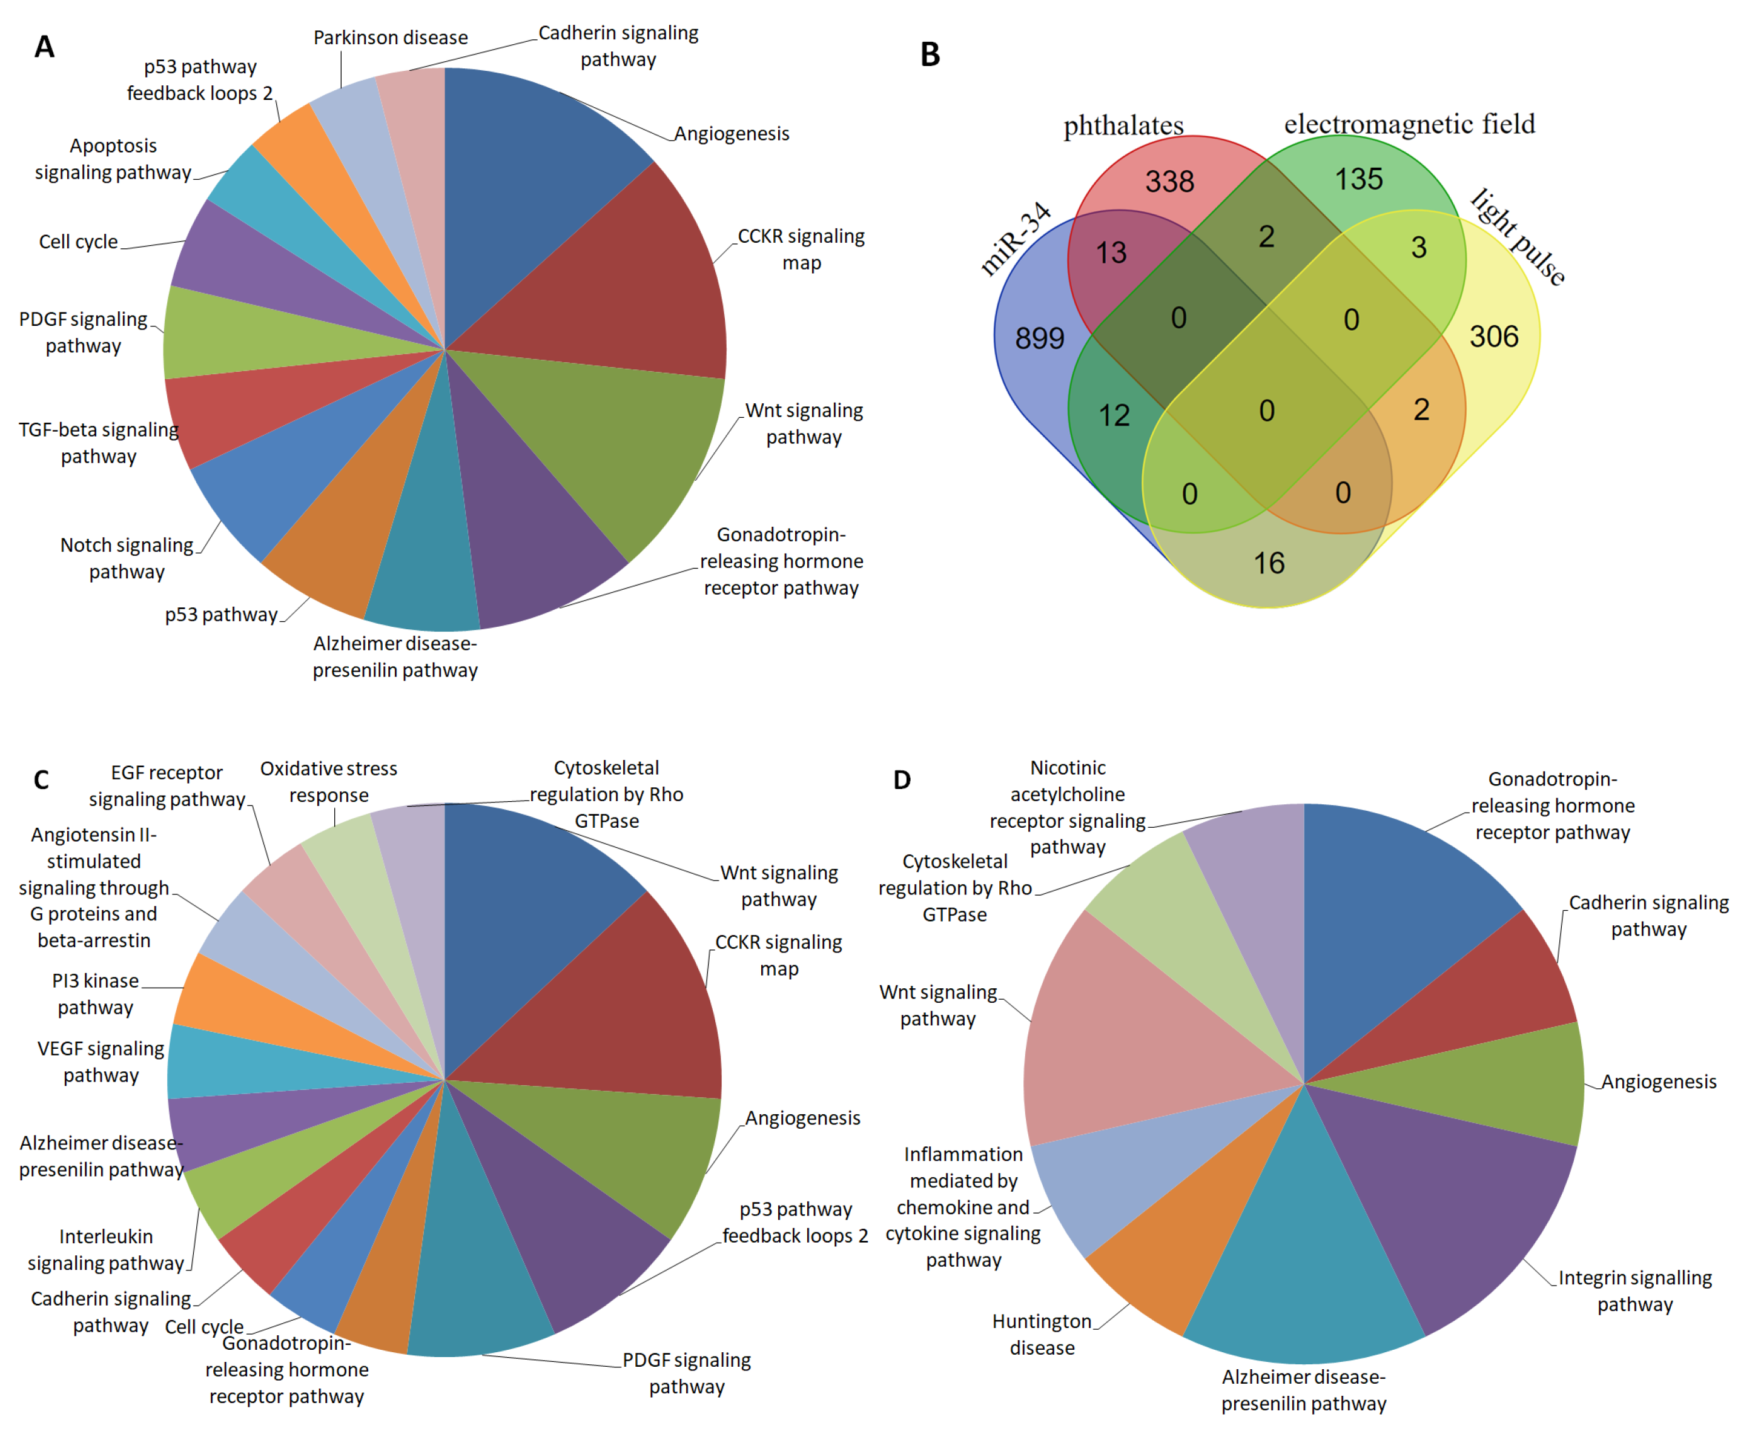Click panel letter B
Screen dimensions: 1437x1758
pos(930,55)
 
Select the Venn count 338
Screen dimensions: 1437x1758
pos(1169,181)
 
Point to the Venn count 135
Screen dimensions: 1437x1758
pos(1358,179)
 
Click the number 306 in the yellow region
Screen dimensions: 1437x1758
pos(1493,337)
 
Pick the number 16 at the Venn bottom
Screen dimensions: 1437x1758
pos(1268,564)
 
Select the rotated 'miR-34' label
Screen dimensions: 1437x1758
pos(1015,239)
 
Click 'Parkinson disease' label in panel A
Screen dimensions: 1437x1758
pos(390,38)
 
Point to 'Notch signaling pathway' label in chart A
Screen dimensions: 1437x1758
pos(127,559)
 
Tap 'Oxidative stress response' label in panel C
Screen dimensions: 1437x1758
pos(329,781)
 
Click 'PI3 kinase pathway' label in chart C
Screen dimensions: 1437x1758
pos(95,994)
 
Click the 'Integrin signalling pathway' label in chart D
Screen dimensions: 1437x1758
pos(1634,1290)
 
